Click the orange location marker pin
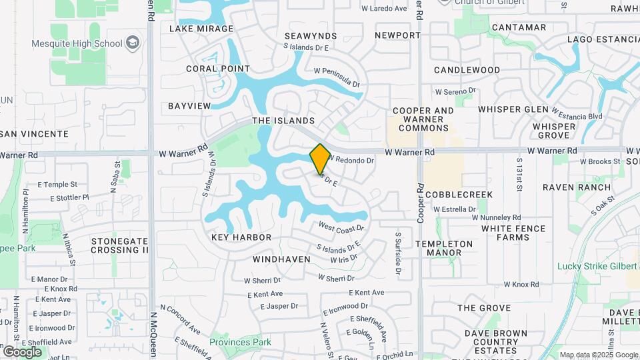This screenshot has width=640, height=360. [x=321, y=159]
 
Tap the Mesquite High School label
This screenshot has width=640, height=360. [x=77, y=43]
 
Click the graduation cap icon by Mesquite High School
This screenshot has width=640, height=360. [x=133, y=43]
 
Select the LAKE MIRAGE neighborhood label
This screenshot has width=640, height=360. [x=201, y=29]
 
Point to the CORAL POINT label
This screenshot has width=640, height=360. [x=218, y=69]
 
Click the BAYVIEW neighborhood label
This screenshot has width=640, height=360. [x=189, y=106]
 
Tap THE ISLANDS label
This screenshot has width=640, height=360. [x=283, y=121]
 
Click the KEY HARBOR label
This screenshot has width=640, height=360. [x=241, y=237]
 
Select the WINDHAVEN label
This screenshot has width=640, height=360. [x=281, y=259]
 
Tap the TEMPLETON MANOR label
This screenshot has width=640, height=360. [x=444, y=248]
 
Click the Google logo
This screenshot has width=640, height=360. [x=22, y=351]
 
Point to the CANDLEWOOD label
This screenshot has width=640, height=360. [x=467, y=70]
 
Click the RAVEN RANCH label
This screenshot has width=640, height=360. [x=577, y=187]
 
